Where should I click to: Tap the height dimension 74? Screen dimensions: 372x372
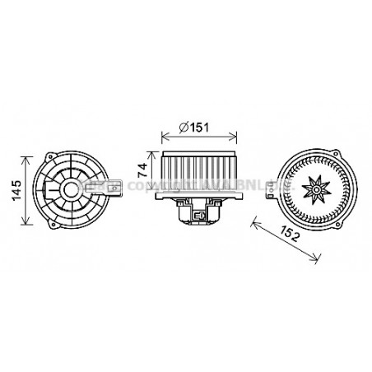pos(142,170)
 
